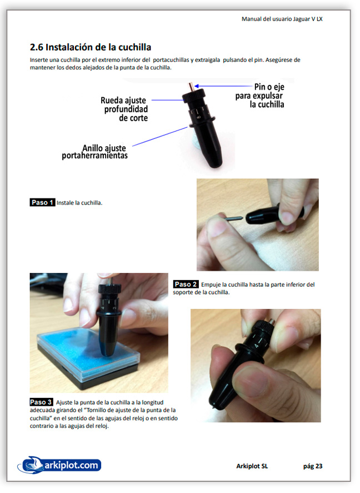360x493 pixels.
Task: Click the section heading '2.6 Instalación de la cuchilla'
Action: tap(91, 47)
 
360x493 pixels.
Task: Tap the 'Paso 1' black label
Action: tap(42, 202)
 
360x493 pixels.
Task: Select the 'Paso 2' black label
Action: tap(186, 284)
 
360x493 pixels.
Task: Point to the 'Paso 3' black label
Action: tap(41, 402)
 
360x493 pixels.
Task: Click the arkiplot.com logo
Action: tap(59, 465)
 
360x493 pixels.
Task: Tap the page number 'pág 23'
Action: tap(313, 466)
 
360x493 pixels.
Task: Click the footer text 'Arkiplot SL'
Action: tap(252, 466)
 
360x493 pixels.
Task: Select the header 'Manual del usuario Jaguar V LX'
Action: tap(282, 19)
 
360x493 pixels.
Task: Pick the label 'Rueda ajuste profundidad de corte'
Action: tap(124, 109)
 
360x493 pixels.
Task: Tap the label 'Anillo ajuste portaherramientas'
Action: tap(94, 152)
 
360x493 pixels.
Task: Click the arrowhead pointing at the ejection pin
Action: tap(197, 86)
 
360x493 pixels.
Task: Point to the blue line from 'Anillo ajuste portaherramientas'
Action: tap(160, 137)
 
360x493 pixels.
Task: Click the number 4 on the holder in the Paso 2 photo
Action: tap(256, 346)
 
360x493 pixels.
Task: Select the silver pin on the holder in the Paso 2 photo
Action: tap(271, 322)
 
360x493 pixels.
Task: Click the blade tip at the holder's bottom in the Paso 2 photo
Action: tap(214, 407)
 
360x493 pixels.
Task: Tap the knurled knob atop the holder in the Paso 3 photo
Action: tap(109, 289)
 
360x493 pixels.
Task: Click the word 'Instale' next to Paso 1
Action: tap(65, 203)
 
